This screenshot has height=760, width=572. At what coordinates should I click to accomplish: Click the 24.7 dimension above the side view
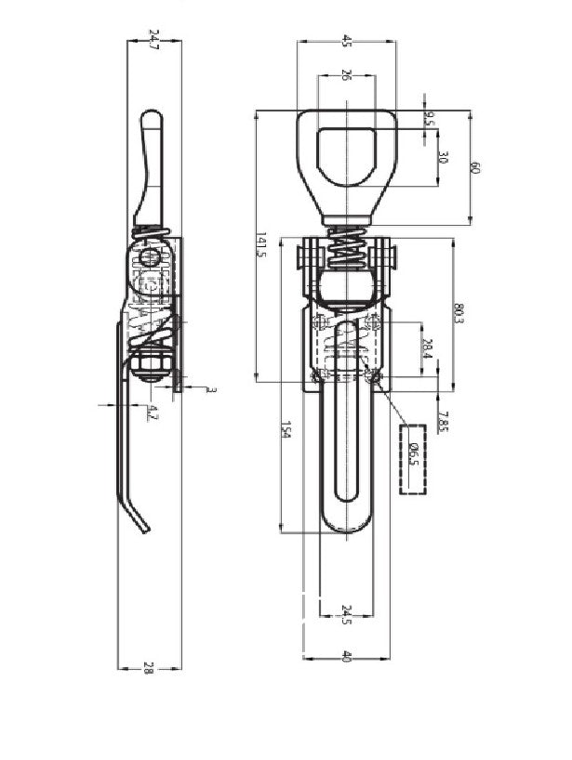tap(153, 40)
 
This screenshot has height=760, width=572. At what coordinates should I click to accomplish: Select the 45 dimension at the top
tap(347, 40)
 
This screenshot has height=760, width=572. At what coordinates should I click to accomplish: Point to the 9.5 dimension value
tap(429, 119)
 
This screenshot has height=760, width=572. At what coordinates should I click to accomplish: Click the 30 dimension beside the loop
tap(443, 159)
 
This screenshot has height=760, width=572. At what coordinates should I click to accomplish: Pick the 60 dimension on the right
tap(475, 168)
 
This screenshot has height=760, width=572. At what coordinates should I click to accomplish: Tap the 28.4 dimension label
tap(427, 349)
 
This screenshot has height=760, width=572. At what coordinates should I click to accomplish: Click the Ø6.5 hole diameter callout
tap(413, 457)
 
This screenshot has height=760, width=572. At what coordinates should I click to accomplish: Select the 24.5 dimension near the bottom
tap(346, 613)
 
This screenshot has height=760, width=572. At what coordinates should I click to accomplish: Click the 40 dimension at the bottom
tap(346, 656)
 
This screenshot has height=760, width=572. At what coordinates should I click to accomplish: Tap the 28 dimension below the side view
tap(150, 666)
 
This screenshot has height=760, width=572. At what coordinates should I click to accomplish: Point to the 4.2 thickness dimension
tap(153, 413)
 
